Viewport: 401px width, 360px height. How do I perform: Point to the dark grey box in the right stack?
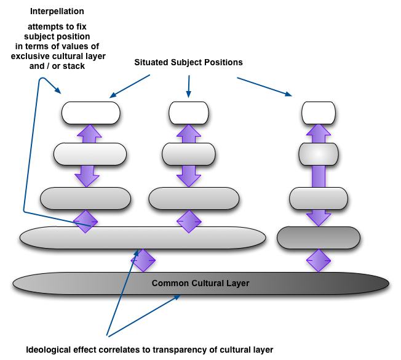tap(318, 236)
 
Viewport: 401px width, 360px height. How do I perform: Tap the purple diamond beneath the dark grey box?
tap(318, 260)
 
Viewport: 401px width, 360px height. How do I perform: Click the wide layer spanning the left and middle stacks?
tap(143, 236)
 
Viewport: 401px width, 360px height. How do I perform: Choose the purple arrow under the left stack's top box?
tap(90, 132)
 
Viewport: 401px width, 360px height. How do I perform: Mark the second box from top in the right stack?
tap(319, 153)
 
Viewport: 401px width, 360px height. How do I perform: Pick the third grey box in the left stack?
tap(85, 198)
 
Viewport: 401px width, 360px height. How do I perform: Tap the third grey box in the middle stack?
tap(189, 198)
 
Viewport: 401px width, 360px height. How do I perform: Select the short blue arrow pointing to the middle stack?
tap(189, 86)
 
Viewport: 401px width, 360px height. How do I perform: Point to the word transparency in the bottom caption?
tap(173, 350)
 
